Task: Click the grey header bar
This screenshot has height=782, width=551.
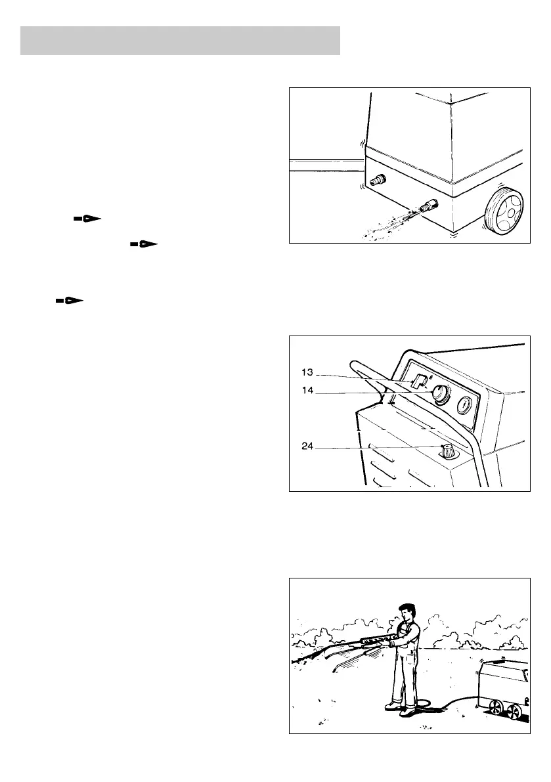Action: pyautogui.click(x=180, y=41)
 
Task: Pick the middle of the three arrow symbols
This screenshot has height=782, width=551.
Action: pyautogui.click(x=144, y=244)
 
